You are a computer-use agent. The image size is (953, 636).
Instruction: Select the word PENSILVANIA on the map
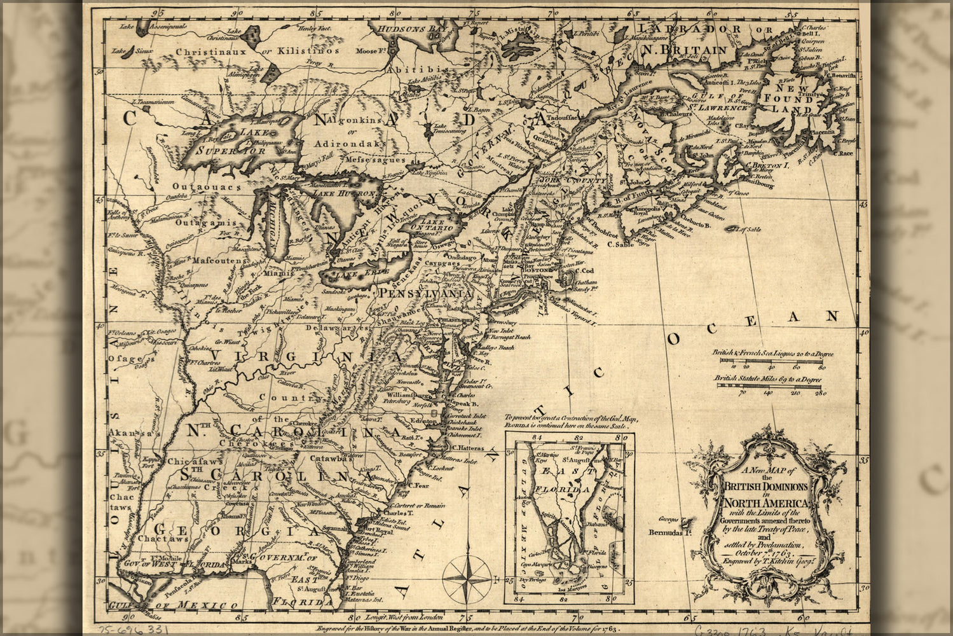coord(425,294)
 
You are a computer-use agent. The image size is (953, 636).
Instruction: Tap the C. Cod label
coord(584,270)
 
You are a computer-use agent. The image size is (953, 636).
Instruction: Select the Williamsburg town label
coord(406,395)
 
